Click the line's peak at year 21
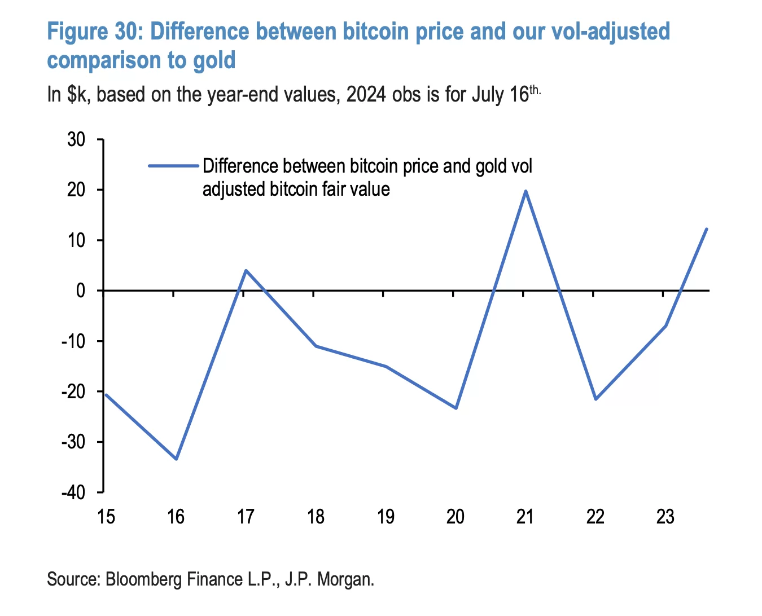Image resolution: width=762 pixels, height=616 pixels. point(525,191)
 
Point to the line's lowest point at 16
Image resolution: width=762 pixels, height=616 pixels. point(176,459)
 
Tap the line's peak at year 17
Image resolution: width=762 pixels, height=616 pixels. point(246,270)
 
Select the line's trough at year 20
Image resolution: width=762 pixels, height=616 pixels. point(456,408)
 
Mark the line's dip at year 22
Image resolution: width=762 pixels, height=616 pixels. point(595,399)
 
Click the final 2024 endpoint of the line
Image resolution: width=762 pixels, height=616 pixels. point(706,229)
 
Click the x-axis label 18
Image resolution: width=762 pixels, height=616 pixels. point(316,516)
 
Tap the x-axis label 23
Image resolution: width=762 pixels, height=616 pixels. point(665,516)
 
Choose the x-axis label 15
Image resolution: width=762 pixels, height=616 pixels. point(106,516)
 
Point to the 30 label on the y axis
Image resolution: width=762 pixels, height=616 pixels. point(76,139)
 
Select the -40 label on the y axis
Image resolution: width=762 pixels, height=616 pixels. point(73,492)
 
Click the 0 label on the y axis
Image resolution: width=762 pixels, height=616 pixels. point(81,291)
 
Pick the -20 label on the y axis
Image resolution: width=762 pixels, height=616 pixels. point(73,391)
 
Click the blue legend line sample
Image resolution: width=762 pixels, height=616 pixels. point(173,166)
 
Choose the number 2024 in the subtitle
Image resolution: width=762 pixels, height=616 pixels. point(366,95)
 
